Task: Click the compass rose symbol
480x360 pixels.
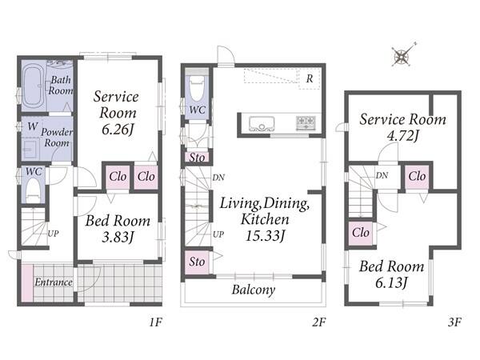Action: (x=402, y=57)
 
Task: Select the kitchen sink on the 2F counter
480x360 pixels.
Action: (x=261, y=123)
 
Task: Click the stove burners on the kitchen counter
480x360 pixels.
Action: (x=306, y=123)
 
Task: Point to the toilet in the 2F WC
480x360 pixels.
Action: (x=197, y=89)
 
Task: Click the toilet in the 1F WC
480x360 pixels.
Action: (x=34, y=190)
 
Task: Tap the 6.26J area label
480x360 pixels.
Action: (x=118, y=130)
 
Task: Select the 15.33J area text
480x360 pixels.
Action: (x=266, y=236)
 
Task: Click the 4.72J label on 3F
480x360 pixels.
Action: (x=402, y=135)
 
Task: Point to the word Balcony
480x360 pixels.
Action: (x=254, y=290)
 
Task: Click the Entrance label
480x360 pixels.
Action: (x=54, y=282)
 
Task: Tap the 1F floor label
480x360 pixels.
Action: (x=155, y=322)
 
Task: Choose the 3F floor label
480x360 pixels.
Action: (x=454, y=322)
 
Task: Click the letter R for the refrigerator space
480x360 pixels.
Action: (x=310, y=78)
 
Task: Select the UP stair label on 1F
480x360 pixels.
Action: (x=53, y=234)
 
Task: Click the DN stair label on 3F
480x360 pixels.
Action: (x=382, y=175)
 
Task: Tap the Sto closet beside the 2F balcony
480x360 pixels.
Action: (x=197, y=262)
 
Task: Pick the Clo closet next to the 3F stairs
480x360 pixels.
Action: (x=361, y=234)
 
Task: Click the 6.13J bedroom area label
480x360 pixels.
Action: (x=392, y=283)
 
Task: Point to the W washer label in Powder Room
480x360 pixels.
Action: (x=33, y=126)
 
